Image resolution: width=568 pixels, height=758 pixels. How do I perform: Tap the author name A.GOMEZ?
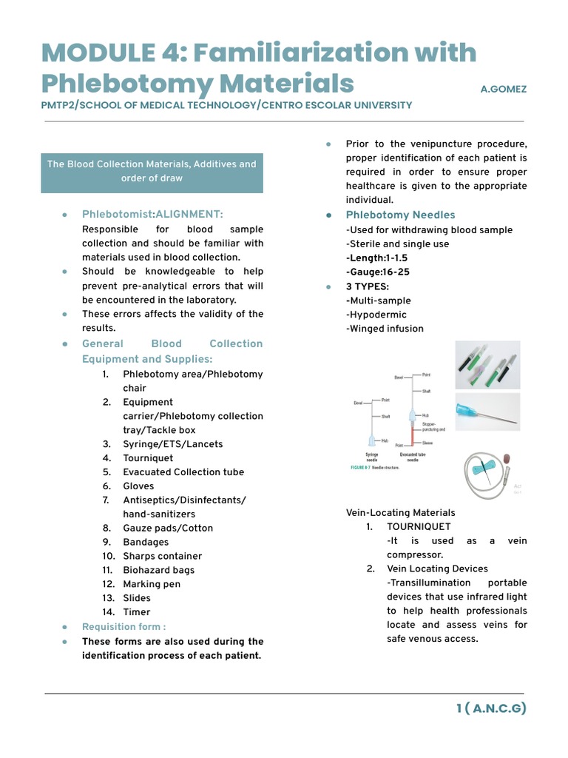click(504, 89)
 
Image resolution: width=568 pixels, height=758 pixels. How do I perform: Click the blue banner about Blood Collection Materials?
click(152, 172)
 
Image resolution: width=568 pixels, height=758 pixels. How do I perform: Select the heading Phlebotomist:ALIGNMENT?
click(152, 215)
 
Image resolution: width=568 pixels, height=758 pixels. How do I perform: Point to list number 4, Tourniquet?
click(147, 458)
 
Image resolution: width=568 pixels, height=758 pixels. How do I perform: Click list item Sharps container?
click(162, 556)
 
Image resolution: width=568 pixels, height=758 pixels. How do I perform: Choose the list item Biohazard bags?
click(158, 570)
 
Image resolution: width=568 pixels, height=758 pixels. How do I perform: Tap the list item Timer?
click(136, 612)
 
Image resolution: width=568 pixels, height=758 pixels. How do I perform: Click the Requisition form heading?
click(124, 627)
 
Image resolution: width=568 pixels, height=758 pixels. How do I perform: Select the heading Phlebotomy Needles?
click(400, 215)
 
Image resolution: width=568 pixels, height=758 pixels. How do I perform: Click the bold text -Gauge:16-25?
click(377, 272)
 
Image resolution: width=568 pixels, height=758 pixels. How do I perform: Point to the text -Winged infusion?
click(385, 329)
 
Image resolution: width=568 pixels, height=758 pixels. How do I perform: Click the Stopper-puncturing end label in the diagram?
click(433, 426)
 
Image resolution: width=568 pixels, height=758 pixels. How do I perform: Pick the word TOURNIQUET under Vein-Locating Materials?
click(419, 527)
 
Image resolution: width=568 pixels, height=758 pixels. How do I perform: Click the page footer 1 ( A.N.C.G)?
click(491, 708)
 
